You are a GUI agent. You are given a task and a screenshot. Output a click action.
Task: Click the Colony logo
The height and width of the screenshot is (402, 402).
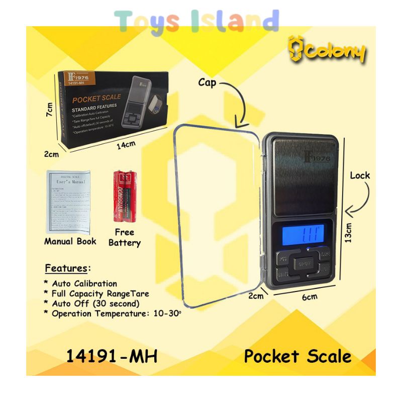tap(327, 51)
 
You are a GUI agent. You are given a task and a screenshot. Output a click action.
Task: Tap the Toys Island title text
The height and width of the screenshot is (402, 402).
tap(196, 21)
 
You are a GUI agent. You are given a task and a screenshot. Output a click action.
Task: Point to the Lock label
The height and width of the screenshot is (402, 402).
tap(360, 175)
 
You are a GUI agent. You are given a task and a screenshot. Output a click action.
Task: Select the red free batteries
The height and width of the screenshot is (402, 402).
tap(123, 195)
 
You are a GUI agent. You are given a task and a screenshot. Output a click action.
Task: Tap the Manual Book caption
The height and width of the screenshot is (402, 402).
tap(70, 241)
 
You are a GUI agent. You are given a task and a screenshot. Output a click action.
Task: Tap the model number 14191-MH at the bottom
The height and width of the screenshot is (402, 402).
tap(112, 356)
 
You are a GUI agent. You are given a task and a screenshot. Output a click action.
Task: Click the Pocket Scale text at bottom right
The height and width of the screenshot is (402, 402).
tap(297, 356)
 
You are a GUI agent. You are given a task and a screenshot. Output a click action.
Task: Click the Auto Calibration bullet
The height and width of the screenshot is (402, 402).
tap(83, 283)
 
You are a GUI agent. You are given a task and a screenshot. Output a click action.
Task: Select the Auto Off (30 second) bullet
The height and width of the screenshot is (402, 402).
tap(92, 304)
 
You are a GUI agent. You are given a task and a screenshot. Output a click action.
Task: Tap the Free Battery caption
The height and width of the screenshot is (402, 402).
tap(124, 237)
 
